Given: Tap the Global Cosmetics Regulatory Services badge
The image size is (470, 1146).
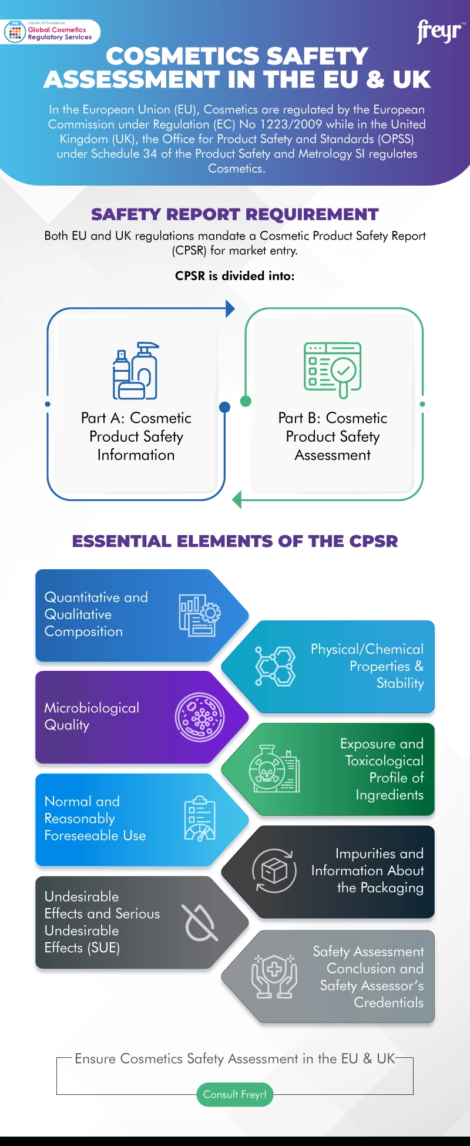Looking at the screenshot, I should pyautogui.click(x=52, y=32).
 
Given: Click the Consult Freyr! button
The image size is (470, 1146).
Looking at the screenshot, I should pyautogui.click(x=234, y=1094).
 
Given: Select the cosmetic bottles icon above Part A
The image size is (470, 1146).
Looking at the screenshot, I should pyautogui.click(x=136, y=371).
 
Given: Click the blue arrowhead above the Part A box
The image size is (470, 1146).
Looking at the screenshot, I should pyautogui.click(x=230, y=308).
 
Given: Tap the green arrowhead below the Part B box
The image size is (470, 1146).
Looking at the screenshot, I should pyautogui.click(x=237, y=500).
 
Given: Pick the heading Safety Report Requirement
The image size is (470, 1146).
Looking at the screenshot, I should pyautogui.click(x=234, y=214).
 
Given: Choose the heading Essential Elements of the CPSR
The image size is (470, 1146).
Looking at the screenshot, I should pyautogui.click(x=234, y=541).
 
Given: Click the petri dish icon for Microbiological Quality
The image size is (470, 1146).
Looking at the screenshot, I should pyautogui.click(x=200, y=717).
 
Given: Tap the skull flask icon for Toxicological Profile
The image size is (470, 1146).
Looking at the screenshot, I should pyautogui.click(x=274, y=768).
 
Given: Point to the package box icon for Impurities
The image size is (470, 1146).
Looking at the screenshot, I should pyautogui.click(x=274, y=871).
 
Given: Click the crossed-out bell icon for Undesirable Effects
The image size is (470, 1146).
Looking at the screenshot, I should pyautogui.click(x=200, y=923).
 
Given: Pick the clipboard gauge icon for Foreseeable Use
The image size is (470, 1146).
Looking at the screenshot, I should pyautogui.click(x=200, y=819).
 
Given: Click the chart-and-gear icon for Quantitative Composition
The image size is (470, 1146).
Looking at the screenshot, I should pyautogui.click(x=200, y=615).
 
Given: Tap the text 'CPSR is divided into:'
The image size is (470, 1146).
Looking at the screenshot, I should pyautogui.click(x=234, y=276).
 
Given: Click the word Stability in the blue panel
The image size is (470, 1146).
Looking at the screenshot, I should pyautogui.click(x=400, y=683).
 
